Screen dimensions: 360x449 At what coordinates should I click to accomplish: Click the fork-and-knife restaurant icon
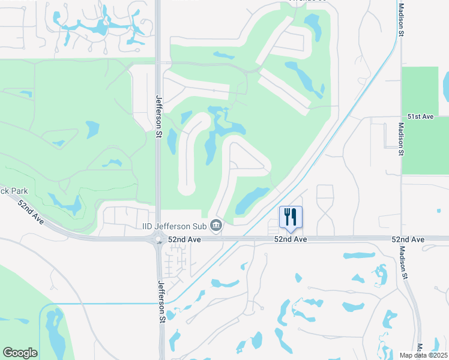pyautogui.click(x=291, y=217)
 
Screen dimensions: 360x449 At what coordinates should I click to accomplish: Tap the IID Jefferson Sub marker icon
pyautogui.click(x=217, y=226)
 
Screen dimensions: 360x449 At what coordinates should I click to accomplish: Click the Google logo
pyautogui.click(x=20, y=353)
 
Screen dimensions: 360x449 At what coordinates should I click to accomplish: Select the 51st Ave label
pyautogui.click(x=420, y=115)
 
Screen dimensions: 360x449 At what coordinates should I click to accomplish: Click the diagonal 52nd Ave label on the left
pyautogui.click(x=31, y=212)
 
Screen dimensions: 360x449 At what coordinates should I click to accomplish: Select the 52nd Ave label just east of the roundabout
pyautogui.click(x=184, y=239)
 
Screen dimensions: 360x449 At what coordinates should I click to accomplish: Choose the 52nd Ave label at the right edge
pyautogui.click(x=408, y=239)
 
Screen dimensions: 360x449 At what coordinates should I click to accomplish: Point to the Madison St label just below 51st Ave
pyautogui.click(x=400, y=140)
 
